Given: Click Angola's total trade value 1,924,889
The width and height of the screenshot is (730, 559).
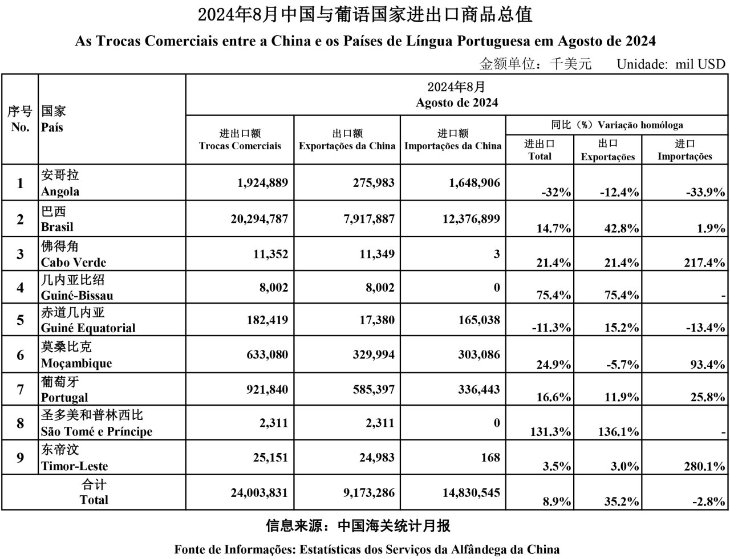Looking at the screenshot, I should pyautogui.click(x=262, y=183).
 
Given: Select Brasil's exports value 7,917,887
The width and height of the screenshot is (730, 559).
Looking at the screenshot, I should pyautogui.click(x=369, y=219).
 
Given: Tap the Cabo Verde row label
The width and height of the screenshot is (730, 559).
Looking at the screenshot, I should pyautogui.click(x=73, y=263).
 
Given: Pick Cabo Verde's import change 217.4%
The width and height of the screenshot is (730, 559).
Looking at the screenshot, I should pyautogui.click(x=704, y=263).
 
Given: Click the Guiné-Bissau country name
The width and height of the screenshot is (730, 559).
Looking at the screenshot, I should pyautogui.click(x=76, y=296).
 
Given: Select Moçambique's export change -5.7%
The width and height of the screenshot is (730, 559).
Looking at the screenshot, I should pyautogui.click(x=619, y=365).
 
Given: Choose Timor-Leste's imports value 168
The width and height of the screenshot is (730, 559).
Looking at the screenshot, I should pyautogui.click(x=490, y=458).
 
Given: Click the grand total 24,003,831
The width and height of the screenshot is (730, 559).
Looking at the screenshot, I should pyautogui.click(x=259, y=493).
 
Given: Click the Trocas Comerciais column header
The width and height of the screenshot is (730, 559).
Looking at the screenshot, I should pyautogui.click(x=240, y=146).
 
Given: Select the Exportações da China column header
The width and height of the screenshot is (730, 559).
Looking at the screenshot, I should pyautogui.click(x=347, y=146).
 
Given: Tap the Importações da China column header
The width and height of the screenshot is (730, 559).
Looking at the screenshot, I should pyautogui.click(x=453, y=146).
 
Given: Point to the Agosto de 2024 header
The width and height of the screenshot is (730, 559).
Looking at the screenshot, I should pyautogui.click(x=457, y=103).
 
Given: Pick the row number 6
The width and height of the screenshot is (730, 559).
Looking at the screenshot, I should pyautogui.click(x=20, y=355).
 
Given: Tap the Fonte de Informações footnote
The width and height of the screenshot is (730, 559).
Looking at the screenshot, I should pyautogui.click(x=367, y=550).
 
